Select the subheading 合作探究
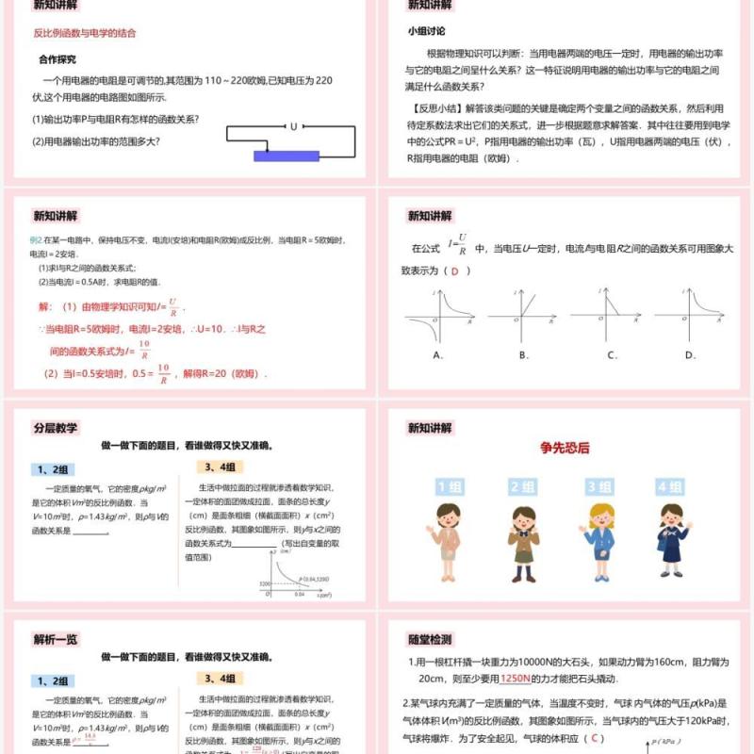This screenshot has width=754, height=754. point(57,57)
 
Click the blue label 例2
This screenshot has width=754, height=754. point(36,240)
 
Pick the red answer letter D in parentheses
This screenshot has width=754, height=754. point(456,270)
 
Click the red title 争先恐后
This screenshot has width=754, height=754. point(565,448)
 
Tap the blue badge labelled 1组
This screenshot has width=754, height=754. point(448,486)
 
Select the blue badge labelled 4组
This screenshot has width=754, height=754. point(670,486)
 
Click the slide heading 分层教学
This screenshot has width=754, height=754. point(56,427)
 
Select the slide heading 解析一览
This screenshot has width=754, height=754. point(56,638)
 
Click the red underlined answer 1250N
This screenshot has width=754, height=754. point(516,678)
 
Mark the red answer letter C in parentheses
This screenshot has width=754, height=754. point(593,738)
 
